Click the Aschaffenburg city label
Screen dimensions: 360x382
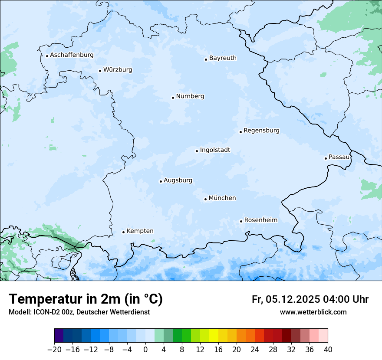(72, 55)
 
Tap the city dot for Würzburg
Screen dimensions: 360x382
(100, 71)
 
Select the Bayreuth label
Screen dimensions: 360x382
(223, 58)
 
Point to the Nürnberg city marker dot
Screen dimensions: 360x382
(173, 98)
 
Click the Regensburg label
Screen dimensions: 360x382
(261, 131)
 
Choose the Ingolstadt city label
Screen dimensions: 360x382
(215, 150)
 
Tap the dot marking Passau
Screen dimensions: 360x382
(326, 158)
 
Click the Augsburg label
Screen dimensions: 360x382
(178, 180)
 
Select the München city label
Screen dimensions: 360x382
(222, 198)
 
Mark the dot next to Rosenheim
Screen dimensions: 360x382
(241, 221)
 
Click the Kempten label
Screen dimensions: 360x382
(140, 231)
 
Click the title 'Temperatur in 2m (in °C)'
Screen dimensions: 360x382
(86, 299)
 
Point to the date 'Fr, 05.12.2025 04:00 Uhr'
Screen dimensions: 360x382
(310, 299)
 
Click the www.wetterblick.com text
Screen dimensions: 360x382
(313, 312)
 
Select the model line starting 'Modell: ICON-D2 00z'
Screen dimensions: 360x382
(79, 312)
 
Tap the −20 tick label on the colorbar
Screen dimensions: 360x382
(54, 350)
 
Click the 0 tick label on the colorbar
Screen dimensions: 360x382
(145, 350)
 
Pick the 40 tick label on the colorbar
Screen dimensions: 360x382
(328, 350)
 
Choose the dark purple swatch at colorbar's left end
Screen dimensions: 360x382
(59, 336)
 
